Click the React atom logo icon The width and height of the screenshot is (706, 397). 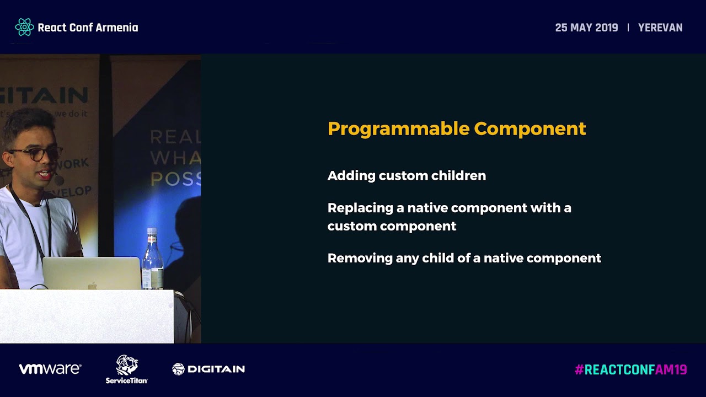(24, 27)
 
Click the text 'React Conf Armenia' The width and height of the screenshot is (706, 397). (88, 28)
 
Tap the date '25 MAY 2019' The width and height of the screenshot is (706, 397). (586, 28)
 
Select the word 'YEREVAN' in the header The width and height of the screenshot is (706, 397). (660, 28)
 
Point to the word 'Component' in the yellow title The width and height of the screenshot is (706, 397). (529, 128)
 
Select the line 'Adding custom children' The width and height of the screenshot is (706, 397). (407, 175)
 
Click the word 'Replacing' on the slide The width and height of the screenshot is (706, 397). (360, 208)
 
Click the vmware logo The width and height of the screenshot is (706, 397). (50, 369)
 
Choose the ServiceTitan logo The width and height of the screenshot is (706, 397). (126, 369)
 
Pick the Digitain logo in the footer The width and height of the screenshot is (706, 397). (208, 369)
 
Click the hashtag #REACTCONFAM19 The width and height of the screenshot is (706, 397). (630, 369)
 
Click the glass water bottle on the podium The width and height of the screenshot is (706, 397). (152, 259)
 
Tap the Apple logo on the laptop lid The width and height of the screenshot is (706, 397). (92, 285)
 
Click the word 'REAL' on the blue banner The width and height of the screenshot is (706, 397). (175, 136)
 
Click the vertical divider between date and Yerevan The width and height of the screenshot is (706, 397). (628, 28)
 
